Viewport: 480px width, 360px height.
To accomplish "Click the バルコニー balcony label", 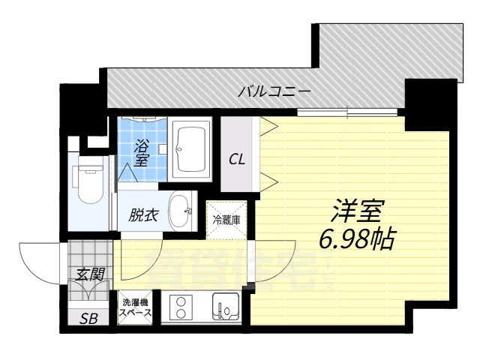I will (274, 92).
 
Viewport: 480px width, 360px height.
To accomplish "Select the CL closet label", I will (237, 159).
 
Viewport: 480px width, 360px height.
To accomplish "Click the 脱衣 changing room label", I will (143, 216).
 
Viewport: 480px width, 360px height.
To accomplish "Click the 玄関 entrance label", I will (89, 274).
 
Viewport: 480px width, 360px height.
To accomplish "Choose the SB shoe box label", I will (89, 317).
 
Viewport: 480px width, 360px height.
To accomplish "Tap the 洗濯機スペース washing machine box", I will (136, 307).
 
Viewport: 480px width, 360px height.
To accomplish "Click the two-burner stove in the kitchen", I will (181, 307).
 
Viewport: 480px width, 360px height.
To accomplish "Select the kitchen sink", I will (226, 307).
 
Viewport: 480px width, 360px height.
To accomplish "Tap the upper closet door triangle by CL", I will (268, 126).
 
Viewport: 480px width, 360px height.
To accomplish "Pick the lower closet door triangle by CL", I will (268, 180).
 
